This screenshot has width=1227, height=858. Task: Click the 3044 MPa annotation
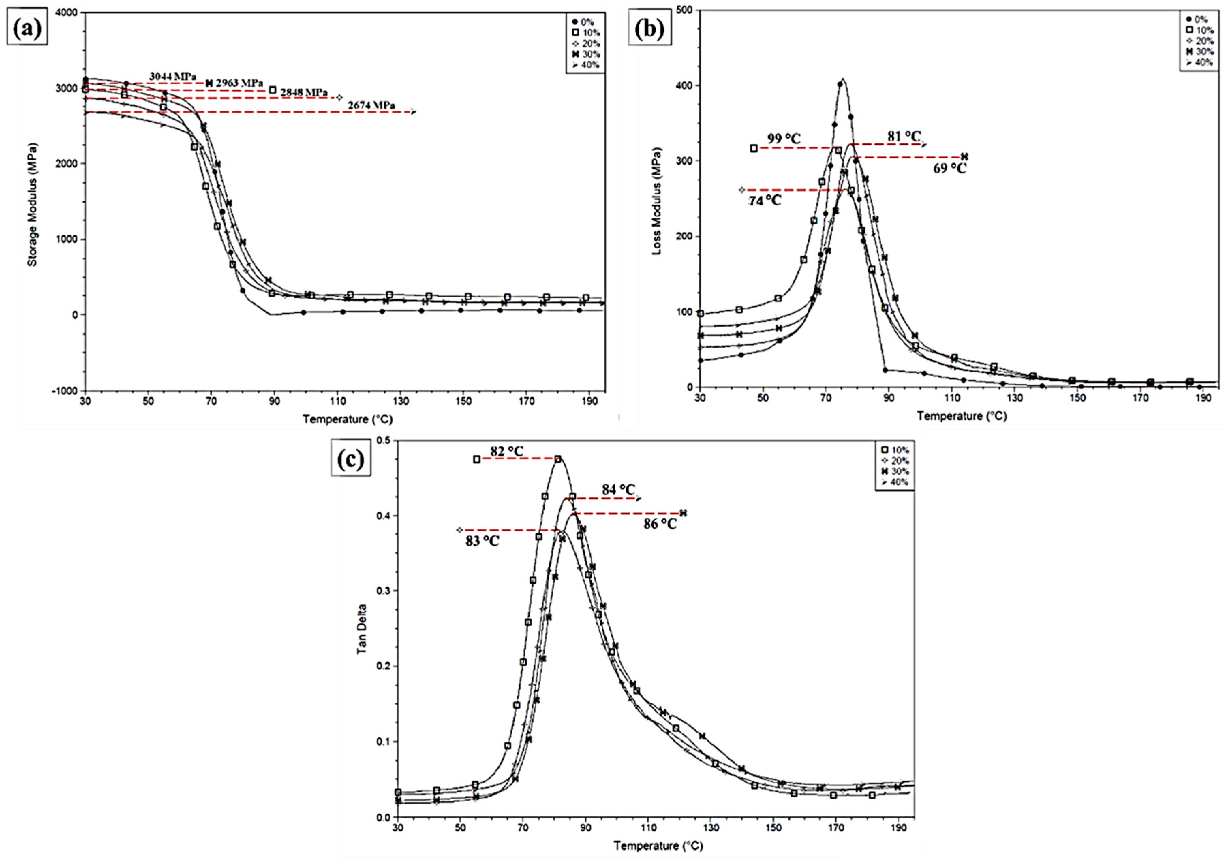pos(173,76)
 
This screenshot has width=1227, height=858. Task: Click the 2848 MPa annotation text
pos(304,92)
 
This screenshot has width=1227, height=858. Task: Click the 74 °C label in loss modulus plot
pos(764,200)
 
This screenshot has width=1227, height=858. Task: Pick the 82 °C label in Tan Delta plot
pos(507,451)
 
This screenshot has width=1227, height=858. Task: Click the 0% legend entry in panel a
pos(584,22)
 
